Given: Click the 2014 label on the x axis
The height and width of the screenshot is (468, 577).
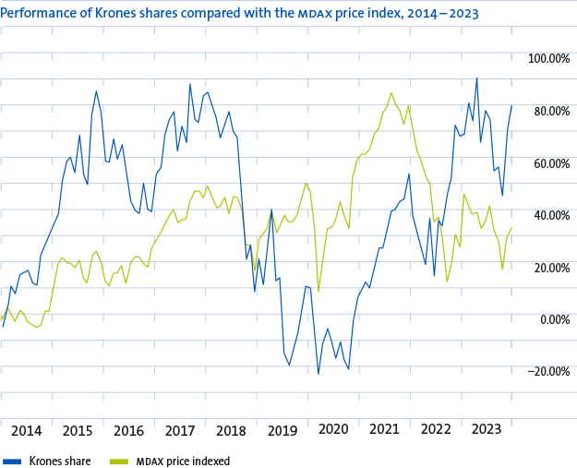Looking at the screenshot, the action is (x=27, y=430).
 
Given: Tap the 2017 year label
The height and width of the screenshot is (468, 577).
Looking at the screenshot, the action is (x=180, y=430).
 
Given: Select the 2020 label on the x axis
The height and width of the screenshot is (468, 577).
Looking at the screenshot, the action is (x=333, y=429).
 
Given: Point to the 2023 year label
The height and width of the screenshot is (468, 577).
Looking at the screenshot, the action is (x=487, y=429).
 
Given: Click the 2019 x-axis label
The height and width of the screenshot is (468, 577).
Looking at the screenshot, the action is (x=282, y=430).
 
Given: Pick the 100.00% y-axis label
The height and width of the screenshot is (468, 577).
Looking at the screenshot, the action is (x=548, y=58).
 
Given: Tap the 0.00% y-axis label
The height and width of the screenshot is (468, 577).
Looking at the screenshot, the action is (x=555, y=319).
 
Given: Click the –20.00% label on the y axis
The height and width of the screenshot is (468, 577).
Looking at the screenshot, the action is (x=548, y=372).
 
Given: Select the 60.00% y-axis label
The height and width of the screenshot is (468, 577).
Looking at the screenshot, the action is (x=552, y=163).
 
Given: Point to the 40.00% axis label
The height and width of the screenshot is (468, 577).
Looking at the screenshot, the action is (x=552, y=215).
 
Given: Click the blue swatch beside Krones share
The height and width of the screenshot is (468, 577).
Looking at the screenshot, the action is (x=12, y=462).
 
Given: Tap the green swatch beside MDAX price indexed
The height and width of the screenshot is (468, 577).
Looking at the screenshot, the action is (x=119, y=462).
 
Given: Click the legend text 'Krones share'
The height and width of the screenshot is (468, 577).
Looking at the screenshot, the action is (x=60, y=461).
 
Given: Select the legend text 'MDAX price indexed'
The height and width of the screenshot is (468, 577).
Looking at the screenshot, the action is (x=183, y=461).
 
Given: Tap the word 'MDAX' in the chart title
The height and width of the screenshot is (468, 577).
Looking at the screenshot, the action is (x=315, y=14).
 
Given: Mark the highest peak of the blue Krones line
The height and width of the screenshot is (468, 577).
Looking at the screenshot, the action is (x=477, y=78).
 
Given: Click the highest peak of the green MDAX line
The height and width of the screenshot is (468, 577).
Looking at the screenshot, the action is (x=391, y=92).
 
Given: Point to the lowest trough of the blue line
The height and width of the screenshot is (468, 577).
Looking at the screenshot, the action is (x=319, y=374).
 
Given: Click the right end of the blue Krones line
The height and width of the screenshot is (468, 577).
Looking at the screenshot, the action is (x=511, y=106).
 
